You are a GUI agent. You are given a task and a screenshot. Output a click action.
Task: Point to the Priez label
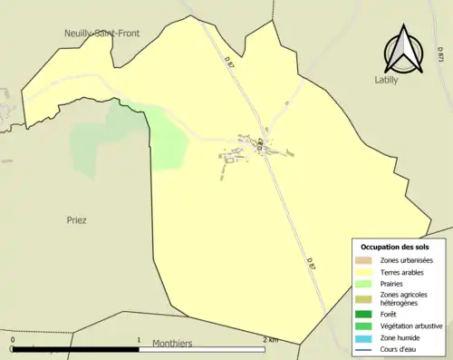tap(77, 220)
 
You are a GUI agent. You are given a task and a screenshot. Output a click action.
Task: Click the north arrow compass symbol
tap(403, 51)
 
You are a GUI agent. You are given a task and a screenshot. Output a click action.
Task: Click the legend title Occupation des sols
tap(395, 247)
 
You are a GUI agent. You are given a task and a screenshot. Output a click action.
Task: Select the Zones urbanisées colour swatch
tap(362, 260)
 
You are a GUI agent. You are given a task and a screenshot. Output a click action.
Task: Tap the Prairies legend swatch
tap(362, 283)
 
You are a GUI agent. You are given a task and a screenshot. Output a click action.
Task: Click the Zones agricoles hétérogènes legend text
tap(405, 298)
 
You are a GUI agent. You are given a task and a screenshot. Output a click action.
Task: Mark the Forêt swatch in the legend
tap(362, 315)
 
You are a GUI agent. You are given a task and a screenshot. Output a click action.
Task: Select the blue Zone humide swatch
tap(362, 337)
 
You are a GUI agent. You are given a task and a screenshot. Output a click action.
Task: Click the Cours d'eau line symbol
tap(362, 348)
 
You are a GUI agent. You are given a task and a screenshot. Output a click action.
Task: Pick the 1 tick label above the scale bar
tap(139, 340)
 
